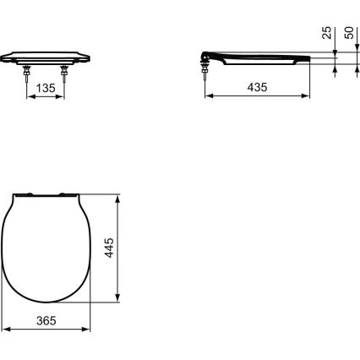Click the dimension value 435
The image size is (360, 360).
click(x=256, y=87)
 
